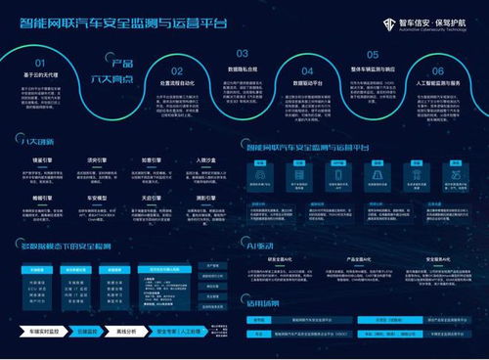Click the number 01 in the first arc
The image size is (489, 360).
click(33, 59)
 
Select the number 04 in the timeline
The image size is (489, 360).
click(307, 70)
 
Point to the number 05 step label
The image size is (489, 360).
click(373, 55)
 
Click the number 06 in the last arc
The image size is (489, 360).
click(438, 69)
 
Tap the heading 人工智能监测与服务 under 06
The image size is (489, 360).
click(438, 84)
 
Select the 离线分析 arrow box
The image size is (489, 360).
click(126, 330)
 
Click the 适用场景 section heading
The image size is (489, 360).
click(262, 301)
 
